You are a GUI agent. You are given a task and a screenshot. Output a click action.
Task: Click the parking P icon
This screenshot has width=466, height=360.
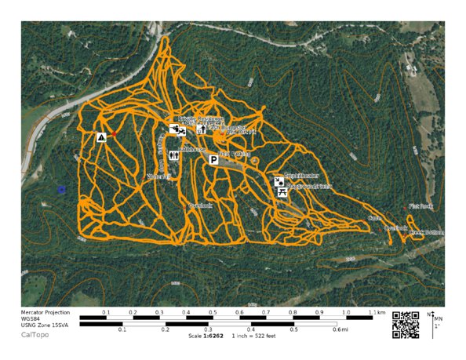click(x=213, y=159)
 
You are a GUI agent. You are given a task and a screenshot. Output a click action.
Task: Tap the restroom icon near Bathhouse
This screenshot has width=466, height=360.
click(x=174, y=155)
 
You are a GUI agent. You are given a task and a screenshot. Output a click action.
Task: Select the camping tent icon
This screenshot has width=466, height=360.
click(x=101, y=137)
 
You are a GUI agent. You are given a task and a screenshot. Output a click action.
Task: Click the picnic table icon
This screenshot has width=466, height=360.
click(x=281, y=191)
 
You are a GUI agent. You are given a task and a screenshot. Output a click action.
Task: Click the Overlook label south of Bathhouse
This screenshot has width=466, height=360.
click(x=201, y=205)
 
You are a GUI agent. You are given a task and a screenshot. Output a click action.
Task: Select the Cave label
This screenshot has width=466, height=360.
click(x=375, y=218)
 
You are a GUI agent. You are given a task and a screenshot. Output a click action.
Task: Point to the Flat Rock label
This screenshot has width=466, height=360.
click(x=421, y=206)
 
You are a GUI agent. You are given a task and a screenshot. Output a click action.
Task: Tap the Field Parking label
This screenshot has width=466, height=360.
click(x=235, y=154)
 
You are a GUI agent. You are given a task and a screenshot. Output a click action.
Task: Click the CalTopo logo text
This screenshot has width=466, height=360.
click(x=35, y=334)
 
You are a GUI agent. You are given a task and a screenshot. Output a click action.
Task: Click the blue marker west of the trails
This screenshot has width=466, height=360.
click(x=61, y=189)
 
